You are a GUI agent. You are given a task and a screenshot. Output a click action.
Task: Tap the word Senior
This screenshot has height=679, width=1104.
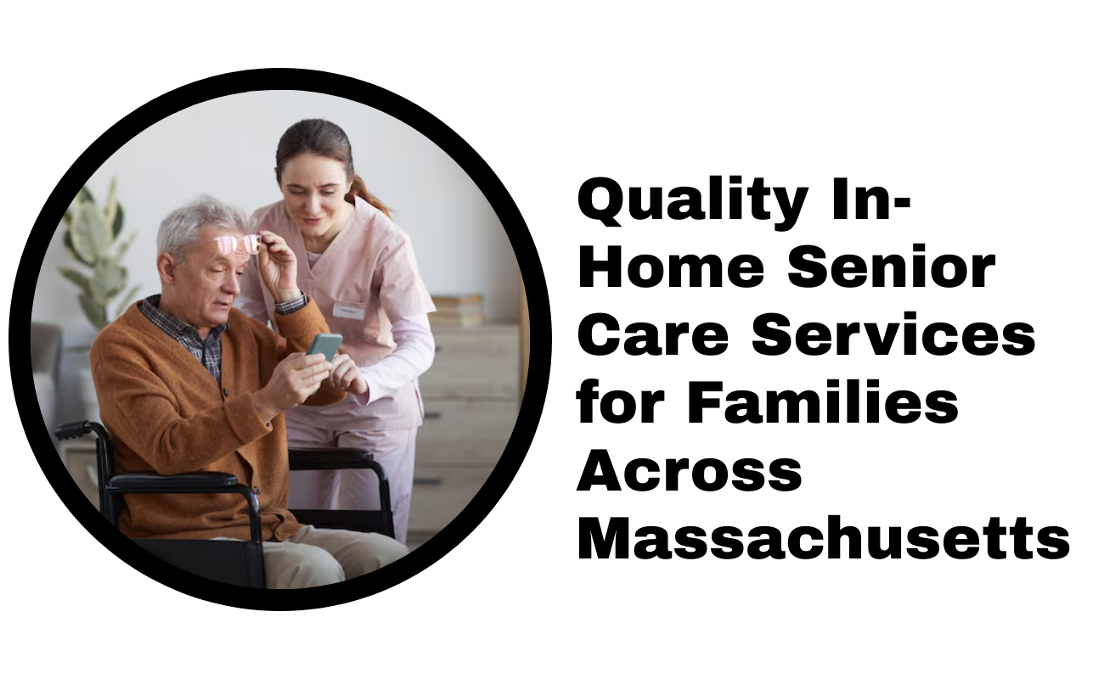(x=892, y=269)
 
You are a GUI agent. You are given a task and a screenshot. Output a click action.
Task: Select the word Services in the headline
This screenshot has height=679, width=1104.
(x=893, y=337)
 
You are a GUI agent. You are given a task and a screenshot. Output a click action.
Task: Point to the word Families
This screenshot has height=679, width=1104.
(x=823, y=403)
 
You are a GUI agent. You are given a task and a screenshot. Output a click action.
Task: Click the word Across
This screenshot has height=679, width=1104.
(x=690, y=472)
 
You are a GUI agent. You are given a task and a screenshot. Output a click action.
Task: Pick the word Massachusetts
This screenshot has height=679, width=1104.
(x=824, y=539)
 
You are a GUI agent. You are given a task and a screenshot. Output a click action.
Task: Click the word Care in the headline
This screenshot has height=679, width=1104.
(x=652, y=337)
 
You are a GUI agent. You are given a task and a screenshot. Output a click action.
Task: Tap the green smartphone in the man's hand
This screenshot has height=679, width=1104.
(x=324, y=346)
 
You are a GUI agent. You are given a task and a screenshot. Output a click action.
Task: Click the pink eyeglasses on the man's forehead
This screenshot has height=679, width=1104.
(x=238, y=244)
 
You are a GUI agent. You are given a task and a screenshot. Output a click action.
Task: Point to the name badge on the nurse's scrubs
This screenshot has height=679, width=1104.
(x=349, y=311)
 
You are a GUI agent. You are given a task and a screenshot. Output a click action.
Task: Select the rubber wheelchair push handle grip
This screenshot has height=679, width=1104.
(x=72, y=429)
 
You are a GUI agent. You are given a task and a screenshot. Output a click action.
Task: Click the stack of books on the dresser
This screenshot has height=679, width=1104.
(x=457, y=310)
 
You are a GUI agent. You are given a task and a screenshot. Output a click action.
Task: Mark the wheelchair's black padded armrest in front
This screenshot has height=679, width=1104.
(x=172, y=482)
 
